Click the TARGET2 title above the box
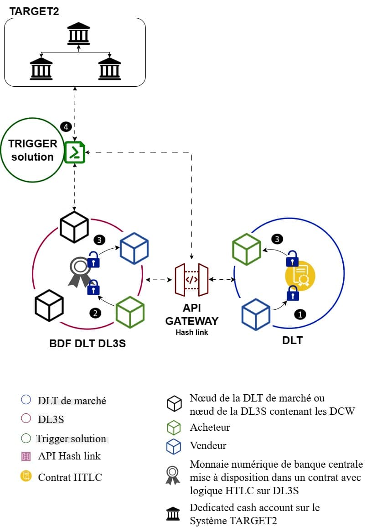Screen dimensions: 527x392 (34, 11)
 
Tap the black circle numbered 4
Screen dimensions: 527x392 (66, 126)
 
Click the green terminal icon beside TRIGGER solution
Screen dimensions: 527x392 (75, 152)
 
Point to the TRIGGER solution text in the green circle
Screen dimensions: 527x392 (33, 150)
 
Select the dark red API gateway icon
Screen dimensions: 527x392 (191, 279)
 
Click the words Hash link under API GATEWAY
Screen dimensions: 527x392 (191, 332)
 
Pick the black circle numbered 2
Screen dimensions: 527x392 (95, 313)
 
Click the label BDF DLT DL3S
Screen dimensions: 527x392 (88, 344)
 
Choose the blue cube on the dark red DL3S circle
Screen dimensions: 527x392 (134, 248)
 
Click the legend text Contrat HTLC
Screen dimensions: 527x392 (70, 477)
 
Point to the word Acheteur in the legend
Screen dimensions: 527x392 (210, 428)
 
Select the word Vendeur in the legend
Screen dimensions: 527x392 (208, 445)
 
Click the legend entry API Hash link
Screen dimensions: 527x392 (69, 456)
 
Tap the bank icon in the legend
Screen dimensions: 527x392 (173, 513)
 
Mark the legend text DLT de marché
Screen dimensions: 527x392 (72, 401)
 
